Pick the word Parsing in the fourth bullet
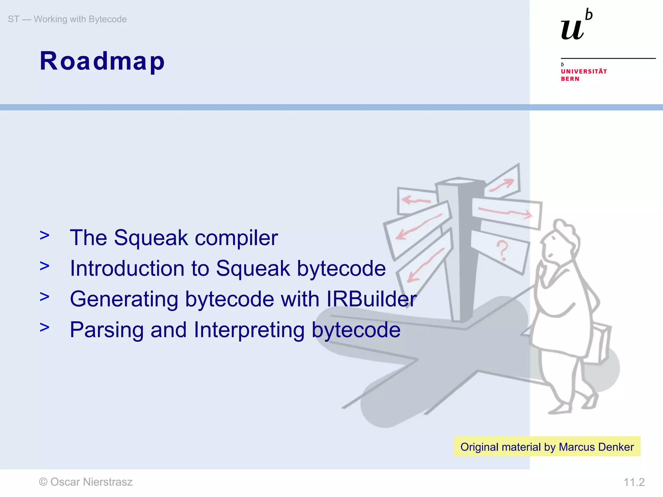click(x=107, y=330)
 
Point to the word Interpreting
click(x=249, y=330)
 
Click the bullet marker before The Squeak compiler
click(x=45, y=236)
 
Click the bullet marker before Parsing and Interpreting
click(x=45, y=327)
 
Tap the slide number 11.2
click(x=634, y=482)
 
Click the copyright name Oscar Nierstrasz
click(x=91, y=482)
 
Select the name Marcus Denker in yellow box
click(x=596, y=447)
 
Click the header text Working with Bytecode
click(x=80, y=19)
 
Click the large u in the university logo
click(x=572, y=30)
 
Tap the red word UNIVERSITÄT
click(x=584, y=72)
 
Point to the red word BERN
click(x=570, y=79)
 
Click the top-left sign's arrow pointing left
click(x=416, y=200)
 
